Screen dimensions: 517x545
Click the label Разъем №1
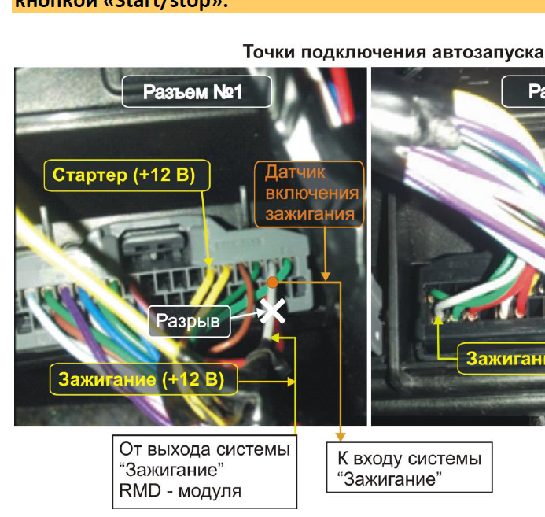click(196, 92)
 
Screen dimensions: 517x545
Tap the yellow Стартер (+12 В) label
click(123, 175)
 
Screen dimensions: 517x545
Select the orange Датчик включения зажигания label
click(311, 193)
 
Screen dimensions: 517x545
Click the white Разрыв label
click(188, 320)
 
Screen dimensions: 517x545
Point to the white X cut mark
click(273, 312)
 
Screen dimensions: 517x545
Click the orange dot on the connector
click(271, 281)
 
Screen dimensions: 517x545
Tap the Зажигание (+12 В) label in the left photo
click(141, 380)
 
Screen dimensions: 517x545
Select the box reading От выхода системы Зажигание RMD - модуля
click(204, 471)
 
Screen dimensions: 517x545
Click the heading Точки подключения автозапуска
click(392, 52)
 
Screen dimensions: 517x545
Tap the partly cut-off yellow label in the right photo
click(504, 359)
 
